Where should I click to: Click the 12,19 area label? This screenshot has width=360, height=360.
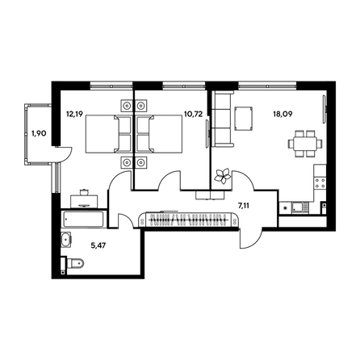pyautogui.click(x=74, y=114)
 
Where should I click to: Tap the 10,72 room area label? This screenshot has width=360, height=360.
pyautogui.click(x=193, y=114)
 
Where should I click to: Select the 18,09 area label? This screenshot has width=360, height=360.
pyautogui.click(x=283, y=114)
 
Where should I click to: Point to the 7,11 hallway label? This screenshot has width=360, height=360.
pyautogui.click(x=243, y=206)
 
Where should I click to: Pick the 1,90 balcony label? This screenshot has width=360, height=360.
pyautogui.click(x=39, y=133)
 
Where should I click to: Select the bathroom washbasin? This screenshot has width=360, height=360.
pyautogui.click(x=65, y=239)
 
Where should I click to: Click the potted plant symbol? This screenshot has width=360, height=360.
pyautogui.click(x=222, y=176)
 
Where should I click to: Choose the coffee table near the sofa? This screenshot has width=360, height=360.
pyautogui.click(x=244, y=119)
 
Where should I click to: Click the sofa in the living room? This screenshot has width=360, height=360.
pyautogui.click(x=222, y=119)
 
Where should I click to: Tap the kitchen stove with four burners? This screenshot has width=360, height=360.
pyautogui.click(x=320, y=183)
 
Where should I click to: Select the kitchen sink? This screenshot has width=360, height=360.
pyautogui.click(x=300, y=207)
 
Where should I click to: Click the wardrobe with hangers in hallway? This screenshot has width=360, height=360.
pyautogui.click(x=187, y=220)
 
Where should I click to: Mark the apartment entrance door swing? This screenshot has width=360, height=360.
pyautogui.click(x=251, y=239)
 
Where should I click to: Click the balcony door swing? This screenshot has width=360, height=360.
pyautogui.click(x=64, y=155)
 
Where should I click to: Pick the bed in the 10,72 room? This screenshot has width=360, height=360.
pyautogui.click(x=159, y=134)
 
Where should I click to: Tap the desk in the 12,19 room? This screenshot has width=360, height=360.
pyautogui.click(x=84, y=201)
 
